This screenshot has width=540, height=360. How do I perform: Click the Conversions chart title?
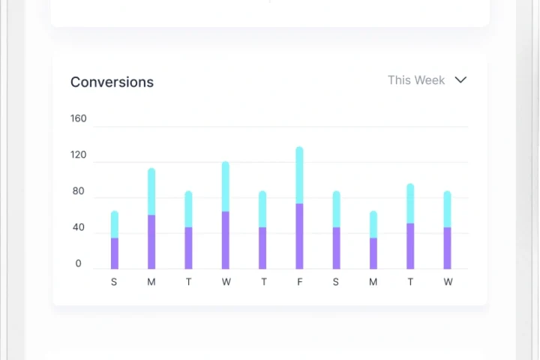click(112, 82)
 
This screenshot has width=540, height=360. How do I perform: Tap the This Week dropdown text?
click(416, 80)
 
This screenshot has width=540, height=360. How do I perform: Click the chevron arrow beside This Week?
click(461, 80)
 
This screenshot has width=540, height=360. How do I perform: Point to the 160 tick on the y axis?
click(79, 118)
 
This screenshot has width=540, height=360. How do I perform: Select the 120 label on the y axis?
click(79, 155)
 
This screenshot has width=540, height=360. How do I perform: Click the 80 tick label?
click(79, 191)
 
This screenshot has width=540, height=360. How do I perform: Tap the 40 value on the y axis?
click(79, 228)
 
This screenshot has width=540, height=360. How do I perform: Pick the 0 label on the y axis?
click(79, 264)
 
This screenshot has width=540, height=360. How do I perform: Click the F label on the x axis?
click(299, 282)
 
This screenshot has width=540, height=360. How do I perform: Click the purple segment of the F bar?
click(299, 236)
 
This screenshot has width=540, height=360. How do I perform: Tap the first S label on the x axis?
click(114, 282)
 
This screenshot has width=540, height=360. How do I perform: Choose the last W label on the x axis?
click(448, 282)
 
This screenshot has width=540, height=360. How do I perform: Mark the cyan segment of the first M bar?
click(151, 192)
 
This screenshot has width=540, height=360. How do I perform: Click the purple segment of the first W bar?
click(226, 240)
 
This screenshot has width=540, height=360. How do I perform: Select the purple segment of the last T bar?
click(410, 246)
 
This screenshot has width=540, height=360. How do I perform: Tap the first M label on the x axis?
click(151, 282)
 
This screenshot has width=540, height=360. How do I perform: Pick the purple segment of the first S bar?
click(115, 253)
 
